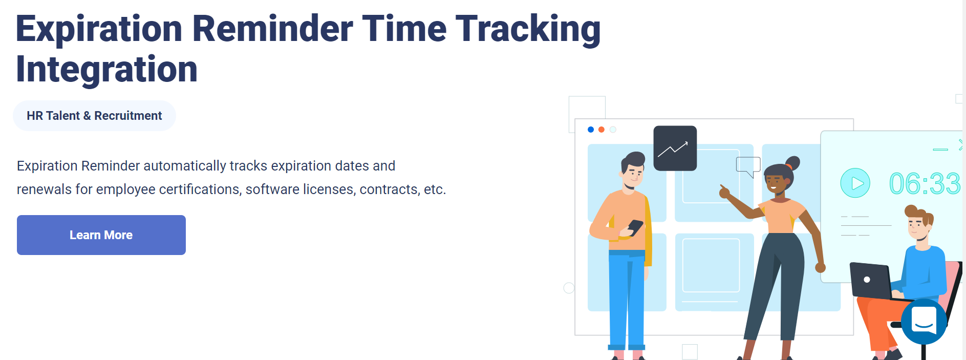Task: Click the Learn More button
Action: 101,235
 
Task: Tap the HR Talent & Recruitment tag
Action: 94,116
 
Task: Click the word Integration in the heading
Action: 106,70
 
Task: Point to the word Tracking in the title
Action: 528,29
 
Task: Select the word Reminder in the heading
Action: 272,29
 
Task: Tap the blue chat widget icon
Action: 924,322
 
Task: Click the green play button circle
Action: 855,183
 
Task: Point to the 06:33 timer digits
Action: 924,184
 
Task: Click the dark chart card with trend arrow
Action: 675,148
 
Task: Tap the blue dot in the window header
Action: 591,130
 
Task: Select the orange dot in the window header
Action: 602,130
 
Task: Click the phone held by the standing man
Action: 635,227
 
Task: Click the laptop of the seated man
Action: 870,280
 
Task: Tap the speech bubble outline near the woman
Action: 747,165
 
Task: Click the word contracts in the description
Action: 389,189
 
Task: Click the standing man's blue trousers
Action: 627,297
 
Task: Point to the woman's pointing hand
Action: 724,192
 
